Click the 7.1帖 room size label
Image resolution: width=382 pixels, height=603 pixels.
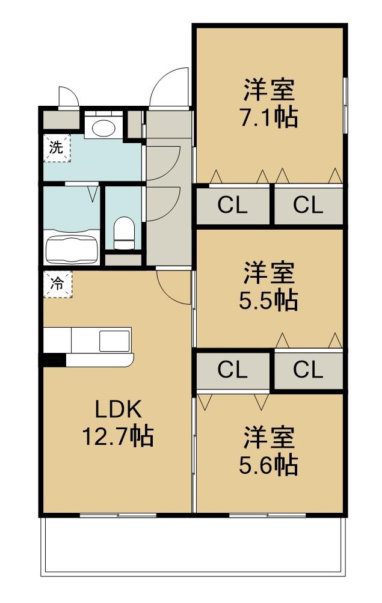(x=270, y=117)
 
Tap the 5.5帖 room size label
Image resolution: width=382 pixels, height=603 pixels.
(x=270, y=300)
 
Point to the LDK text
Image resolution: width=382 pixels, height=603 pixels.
(x=118, y=410)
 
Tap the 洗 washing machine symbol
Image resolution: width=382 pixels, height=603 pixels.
(x=56, y=148)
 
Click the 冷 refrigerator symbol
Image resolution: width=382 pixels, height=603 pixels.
(x=56, y=284)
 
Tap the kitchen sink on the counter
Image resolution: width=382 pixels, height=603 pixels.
(x=114, y=340)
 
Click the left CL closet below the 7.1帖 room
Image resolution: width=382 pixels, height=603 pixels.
(x=232, y=206)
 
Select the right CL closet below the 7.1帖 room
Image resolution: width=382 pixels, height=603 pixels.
(x=308, y=206)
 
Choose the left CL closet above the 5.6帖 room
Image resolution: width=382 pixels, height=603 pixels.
(x=232, y=370)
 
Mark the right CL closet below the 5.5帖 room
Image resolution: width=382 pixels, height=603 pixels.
(x=308, y=370)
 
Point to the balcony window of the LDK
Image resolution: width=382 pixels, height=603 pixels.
(x=118, y=515)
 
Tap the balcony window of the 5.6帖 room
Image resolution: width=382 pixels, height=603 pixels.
(x=267, y=515)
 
